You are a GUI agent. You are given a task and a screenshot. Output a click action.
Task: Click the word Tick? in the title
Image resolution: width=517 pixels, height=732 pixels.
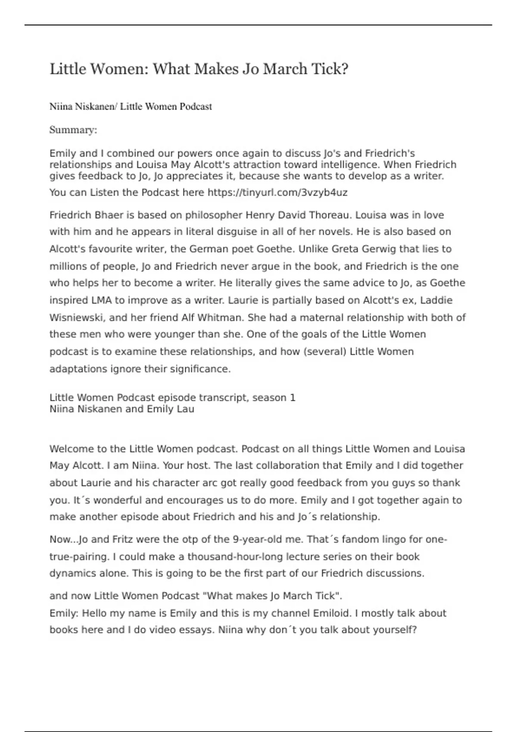pyautogui.click(x=329, y=69)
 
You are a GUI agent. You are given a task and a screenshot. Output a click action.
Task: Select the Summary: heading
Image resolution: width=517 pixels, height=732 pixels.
pyautogui.click(x=73, y=130)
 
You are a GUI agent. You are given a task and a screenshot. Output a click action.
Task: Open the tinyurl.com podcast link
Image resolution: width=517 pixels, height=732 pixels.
pyautogui.click(x=277, y=192)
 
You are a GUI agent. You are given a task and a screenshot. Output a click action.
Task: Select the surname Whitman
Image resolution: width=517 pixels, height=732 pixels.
pyautogui.click(x=220, y=318)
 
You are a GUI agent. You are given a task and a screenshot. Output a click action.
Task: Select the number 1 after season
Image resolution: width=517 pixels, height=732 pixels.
pyautogui.click(x=293, y=397)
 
